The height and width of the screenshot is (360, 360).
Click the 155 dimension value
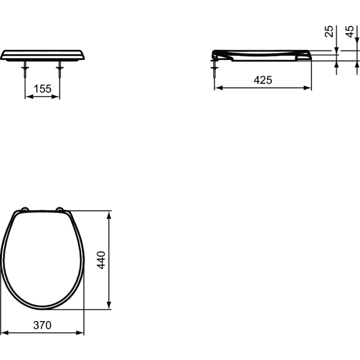(x=42, y=88)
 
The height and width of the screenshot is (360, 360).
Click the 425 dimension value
(x=263, y=80)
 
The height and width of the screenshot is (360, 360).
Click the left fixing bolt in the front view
(x=25, y=71)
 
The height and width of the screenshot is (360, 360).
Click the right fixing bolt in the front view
(x=59, y=71)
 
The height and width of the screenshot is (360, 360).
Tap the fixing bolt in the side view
(x=215, y=71)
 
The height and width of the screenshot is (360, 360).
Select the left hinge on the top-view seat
(x=24, y=209)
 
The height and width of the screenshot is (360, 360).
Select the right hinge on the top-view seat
(x=59, y=209)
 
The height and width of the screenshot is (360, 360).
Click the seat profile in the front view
(x=43, y=55)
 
